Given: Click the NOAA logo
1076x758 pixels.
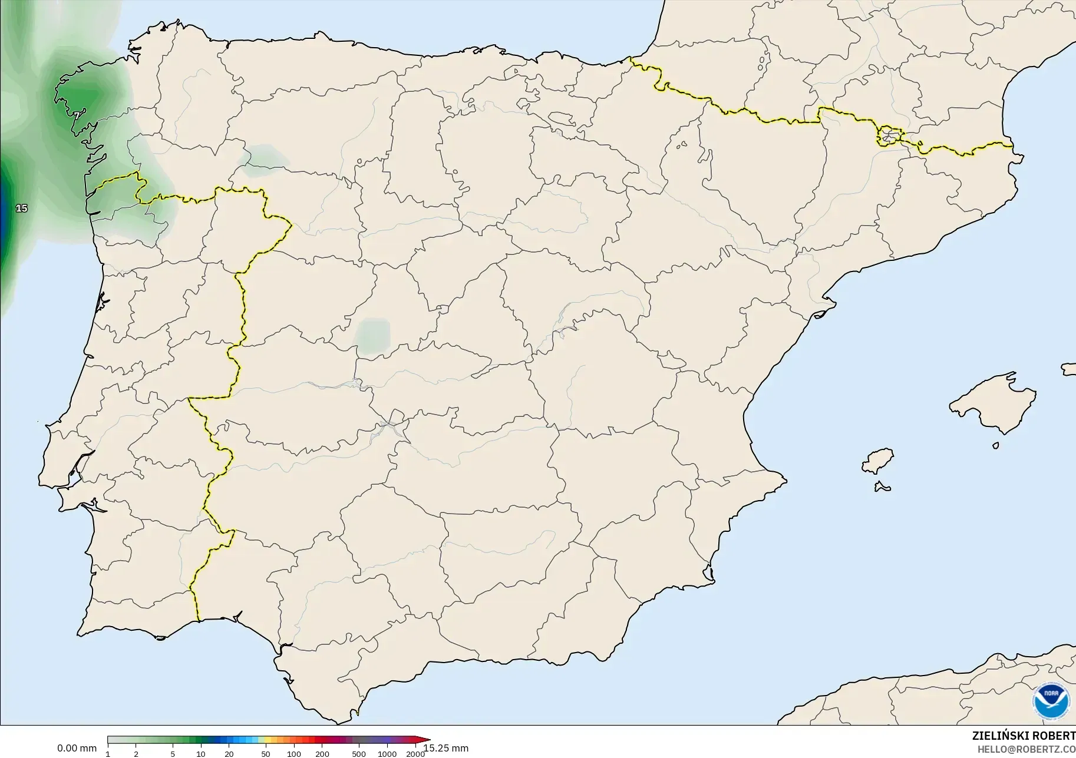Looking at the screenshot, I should click(1051, 700).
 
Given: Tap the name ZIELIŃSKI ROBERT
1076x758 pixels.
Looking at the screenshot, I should click(1024, 736).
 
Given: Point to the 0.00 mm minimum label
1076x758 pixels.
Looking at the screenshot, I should click(77, 748).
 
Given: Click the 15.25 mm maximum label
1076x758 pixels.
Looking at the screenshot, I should click(446, 748).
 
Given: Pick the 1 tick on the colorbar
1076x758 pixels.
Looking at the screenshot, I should click(108, 753).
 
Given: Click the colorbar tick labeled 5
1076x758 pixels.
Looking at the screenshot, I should click(173, 753).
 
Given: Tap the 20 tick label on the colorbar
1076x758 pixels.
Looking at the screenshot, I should click(229, 753).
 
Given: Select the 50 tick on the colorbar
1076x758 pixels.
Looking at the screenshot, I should click(266, 753).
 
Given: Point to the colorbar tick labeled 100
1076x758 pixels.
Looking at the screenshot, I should click(294, 753).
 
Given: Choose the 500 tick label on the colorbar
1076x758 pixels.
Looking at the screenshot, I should click(359, 753).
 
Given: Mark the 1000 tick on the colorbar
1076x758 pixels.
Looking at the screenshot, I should click(387, 753).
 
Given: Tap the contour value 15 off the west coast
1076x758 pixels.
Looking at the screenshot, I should click(22, 208).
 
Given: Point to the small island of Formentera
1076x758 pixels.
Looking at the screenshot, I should click(882, 486).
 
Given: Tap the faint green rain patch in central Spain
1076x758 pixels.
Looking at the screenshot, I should click(373, 336).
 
